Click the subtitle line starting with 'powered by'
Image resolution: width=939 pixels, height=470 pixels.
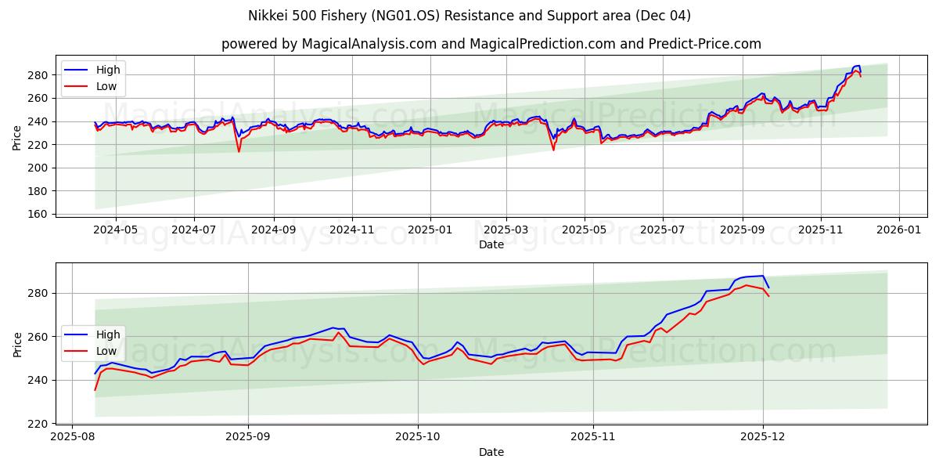tap(491, 44)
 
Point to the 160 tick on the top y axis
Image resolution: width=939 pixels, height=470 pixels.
tap(38, 214)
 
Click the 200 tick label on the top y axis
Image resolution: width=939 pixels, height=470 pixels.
tap(38, 168)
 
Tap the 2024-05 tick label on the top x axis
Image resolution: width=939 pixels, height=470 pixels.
tap(115, 231)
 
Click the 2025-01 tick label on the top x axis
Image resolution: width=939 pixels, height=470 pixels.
tap(430, 231)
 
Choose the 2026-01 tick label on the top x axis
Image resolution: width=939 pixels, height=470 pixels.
tap(898, 231)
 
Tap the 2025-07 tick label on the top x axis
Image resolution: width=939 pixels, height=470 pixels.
tap(662, 231)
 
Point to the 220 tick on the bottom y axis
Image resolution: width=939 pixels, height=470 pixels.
tap(38, 424)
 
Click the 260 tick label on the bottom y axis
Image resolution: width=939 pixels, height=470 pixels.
tap(38, 337)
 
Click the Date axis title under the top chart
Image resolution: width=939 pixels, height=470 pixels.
tap(491, 244)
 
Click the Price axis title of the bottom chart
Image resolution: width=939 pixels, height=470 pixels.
tap(17, 344)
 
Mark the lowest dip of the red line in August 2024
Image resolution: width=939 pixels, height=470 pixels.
tap(239, 151)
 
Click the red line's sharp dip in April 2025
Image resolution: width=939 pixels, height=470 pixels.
tap(553, 150)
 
